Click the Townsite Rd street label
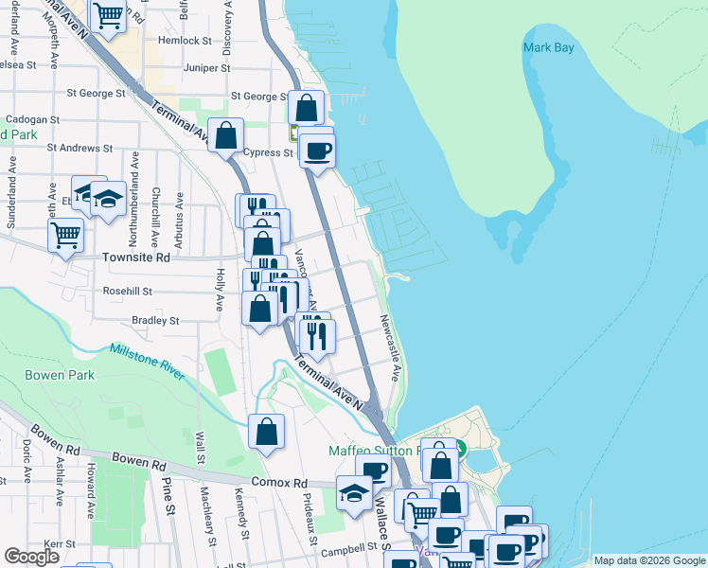[x=136, y=257]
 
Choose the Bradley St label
[x=155, y=321]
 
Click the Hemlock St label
[x=186, y=41]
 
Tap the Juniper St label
[x=207, y=68]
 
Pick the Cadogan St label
[x=33, y=121]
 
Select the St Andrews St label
[x=80, y=149]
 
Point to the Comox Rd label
[x=287, y=483]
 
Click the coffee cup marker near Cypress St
[x=318, y=150]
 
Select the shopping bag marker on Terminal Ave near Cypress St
[x=226, y=136]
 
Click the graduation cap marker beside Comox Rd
[x=355, y=493]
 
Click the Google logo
[x=32, y=557]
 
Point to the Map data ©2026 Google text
[x=648, y=560]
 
